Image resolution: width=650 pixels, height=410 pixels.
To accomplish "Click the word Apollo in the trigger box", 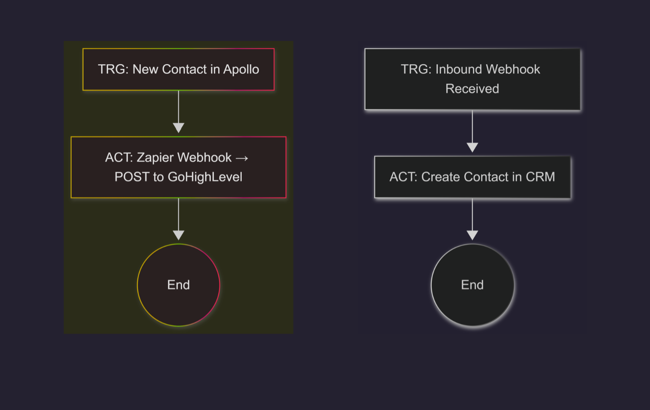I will (241, 69).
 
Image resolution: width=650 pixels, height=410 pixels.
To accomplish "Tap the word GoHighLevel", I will (205, 177).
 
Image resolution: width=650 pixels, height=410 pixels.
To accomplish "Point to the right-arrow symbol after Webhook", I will (242, 158).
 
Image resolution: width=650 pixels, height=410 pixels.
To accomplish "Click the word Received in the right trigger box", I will (472, 89).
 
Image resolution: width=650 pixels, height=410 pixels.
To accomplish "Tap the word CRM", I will (540, 177).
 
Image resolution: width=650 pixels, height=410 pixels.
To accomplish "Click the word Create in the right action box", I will (440, 177).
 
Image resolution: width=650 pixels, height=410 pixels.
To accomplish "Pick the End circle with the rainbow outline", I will (178, 285).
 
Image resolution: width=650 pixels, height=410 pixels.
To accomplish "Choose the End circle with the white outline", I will (472, 285).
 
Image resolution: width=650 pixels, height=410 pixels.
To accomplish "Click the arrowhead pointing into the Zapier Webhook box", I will (178, 128).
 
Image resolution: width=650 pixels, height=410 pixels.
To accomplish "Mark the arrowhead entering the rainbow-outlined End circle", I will (178, 235).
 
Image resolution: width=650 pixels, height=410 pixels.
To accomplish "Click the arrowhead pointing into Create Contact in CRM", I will (472, 147).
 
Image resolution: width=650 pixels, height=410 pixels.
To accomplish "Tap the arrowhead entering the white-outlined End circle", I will (472, 235).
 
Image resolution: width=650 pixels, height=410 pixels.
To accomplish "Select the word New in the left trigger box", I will (145, 69).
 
